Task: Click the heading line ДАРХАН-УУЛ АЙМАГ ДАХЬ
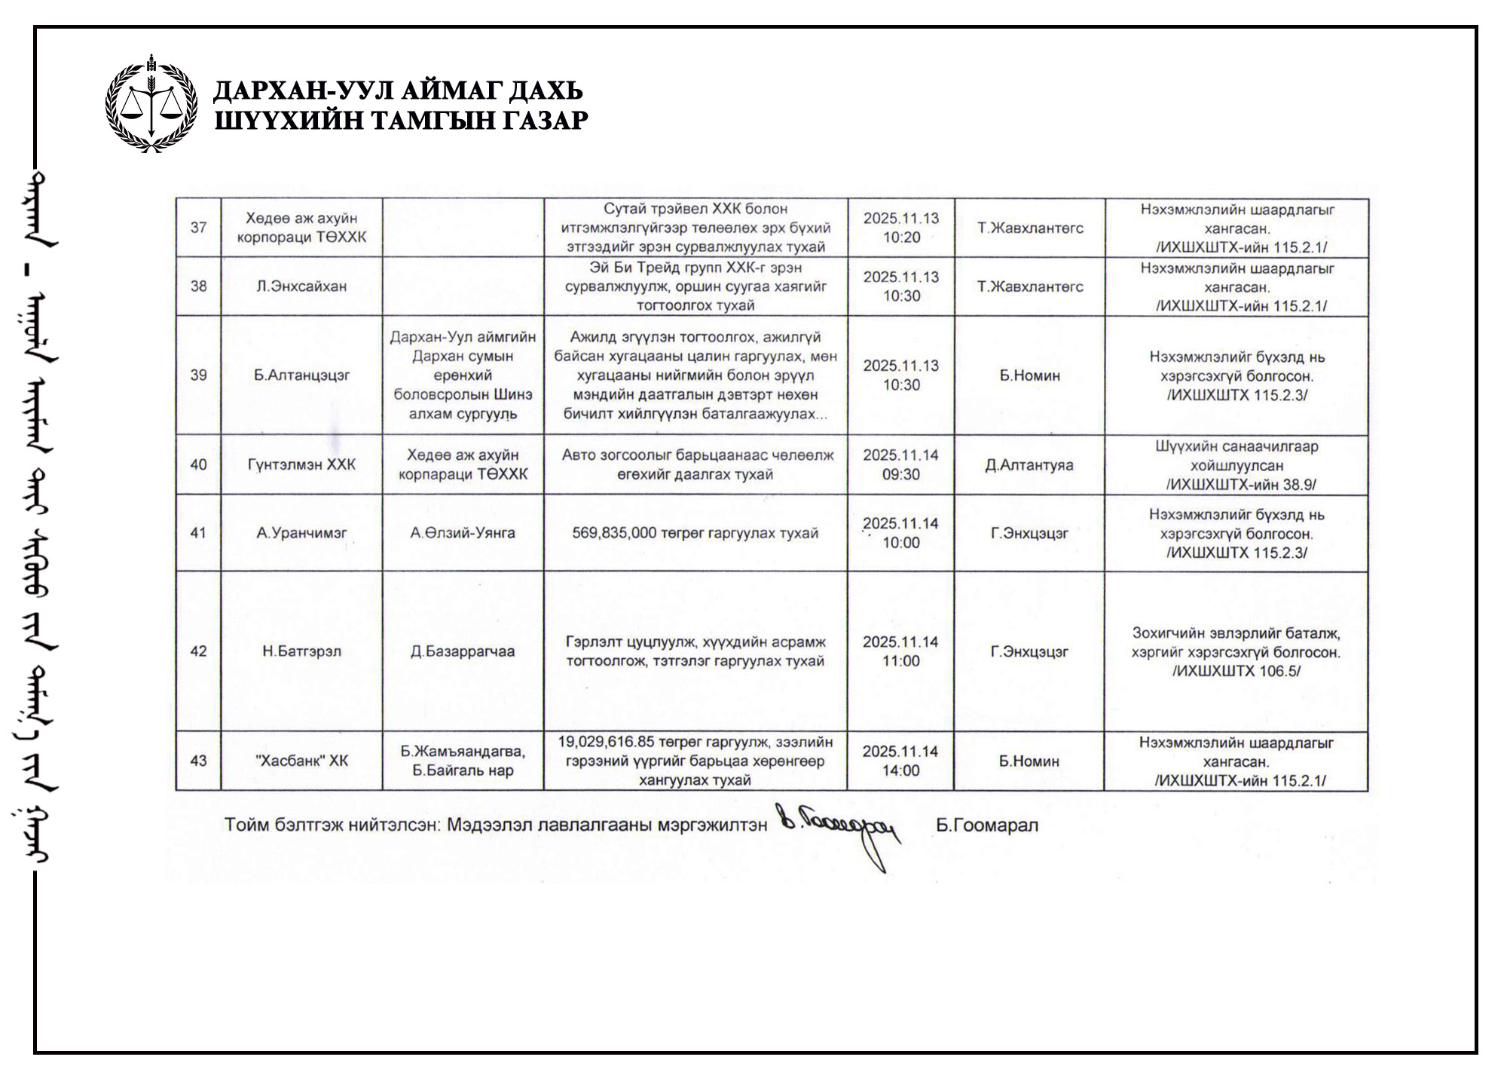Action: [x=398, y=91]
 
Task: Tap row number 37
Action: [x=198, y=228]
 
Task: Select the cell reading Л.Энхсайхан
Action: [x=301, y=286]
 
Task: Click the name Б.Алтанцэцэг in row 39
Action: [x=301, y=375]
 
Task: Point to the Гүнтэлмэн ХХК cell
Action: [x=301, y=464]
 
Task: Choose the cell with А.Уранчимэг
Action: [x=301, y=533]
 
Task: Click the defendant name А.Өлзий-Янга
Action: [x=463, y=533]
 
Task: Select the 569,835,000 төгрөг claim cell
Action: [x=695, y=533]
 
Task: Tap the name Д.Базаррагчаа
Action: [x=463, y=651]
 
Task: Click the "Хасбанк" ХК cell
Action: [x=301, y=761]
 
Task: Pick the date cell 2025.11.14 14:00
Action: [x=900, y=761]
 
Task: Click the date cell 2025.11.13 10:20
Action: [x=901, y=228]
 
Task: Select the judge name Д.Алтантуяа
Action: [x=1029, y=464]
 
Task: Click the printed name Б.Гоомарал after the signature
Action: [x=987, y=826]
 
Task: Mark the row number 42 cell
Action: [x=198, y=651]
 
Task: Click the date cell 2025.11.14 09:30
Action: [x=900, y=464]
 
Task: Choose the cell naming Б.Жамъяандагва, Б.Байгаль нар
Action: [x=463, y=761]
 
